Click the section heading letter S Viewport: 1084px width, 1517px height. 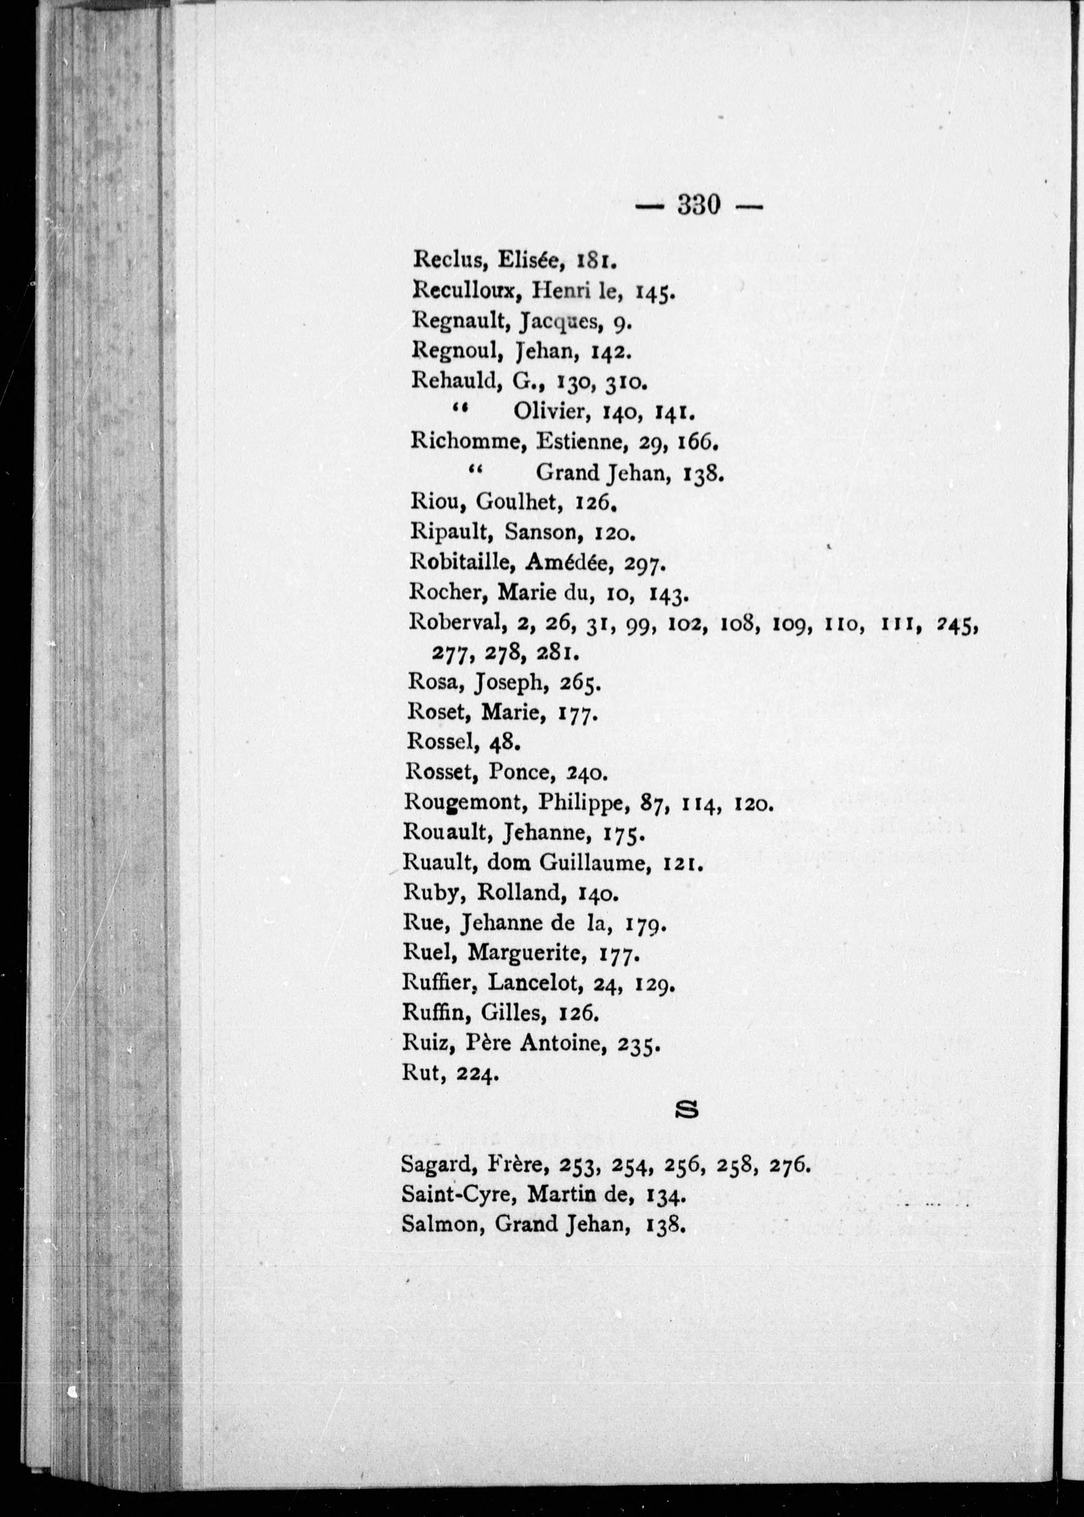coord(688,1109)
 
